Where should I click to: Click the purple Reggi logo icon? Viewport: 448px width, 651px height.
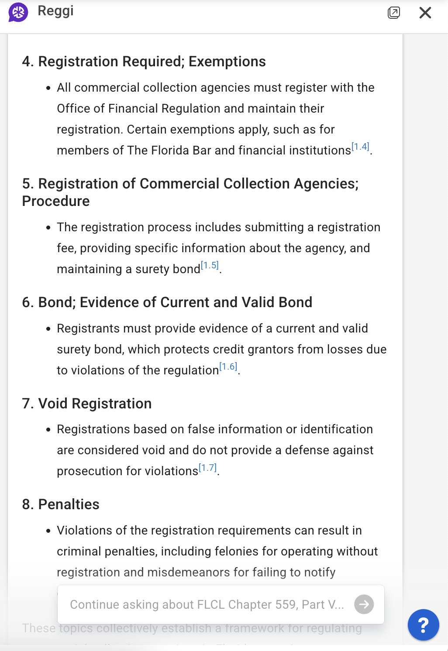18,12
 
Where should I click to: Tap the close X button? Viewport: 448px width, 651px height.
425,13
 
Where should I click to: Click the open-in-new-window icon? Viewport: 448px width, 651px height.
394,13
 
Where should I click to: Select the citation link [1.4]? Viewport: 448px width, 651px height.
360,147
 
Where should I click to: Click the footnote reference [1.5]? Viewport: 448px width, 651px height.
210,266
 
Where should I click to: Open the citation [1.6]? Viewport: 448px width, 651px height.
228,367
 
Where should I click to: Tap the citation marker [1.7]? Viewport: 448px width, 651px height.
208,468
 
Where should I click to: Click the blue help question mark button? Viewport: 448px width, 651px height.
423,624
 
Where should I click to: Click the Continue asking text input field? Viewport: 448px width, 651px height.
207,604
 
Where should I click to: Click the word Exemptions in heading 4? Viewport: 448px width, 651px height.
227,62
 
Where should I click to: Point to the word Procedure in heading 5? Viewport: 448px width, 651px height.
56,201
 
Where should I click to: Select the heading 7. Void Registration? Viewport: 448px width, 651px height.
87,404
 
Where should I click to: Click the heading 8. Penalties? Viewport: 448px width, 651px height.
61,504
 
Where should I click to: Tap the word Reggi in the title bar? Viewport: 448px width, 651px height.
55,11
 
